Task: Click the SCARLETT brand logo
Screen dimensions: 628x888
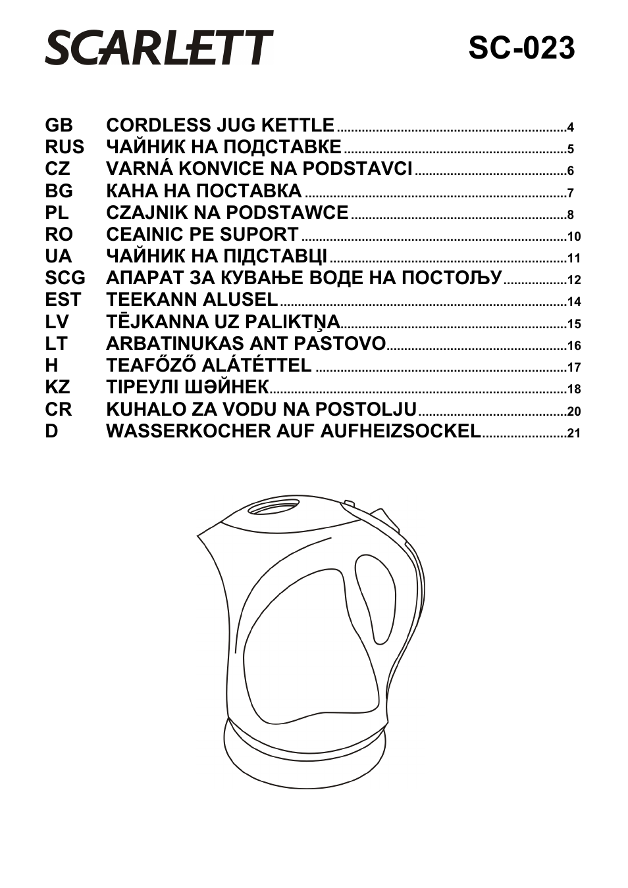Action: click(x=159, y=47)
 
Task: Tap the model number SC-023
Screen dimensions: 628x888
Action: click(x=521, y=48)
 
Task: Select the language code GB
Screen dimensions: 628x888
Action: click(x=59, y=125)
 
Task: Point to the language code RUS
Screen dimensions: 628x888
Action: click(x=65, y=147)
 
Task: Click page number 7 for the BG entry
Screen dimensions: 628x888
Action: click(x=571, y=193)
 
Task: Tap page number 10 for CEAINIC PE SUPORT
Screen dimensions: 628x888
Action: click(x=573, y=237)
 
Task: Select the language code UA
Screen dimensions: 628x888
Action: click(x=59, y=256)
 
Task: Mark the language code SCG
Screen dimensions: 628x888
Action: click(x=65, y=278)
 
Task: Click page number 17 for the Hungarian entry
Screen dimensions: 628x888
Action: click(x=573, y=368)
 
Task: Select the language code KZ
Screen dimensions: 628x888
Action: click(x=57, y=387)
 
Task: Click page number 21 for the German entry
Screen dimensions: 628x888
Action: click(x=573, y=433)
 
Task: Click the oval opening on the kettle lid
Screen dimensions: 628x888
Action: click(x=273, y=507)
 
